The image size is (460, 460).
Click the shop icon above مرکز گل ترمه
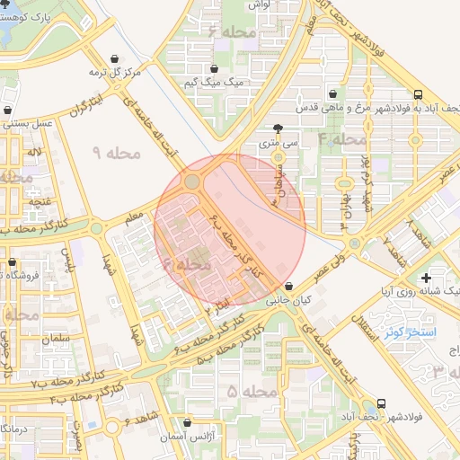(114, 58)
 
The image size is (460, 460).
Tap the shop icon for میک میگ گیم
(214, 68)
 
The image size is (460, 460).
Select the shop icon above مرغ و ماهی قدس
(333, 93)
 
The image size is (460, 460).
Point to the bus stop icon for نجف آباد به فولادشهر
(419, 93)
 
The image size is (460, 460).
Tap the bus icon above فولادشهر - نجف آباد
(382, 404)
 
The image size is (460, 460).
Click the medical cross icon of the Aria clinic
(425, 278)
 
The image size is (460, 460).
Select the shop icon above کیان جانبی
(287, 287)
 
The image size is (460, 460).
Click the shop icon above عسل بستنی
(9, 110)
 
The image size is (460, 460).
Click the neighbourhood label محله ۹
(118, 154)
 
